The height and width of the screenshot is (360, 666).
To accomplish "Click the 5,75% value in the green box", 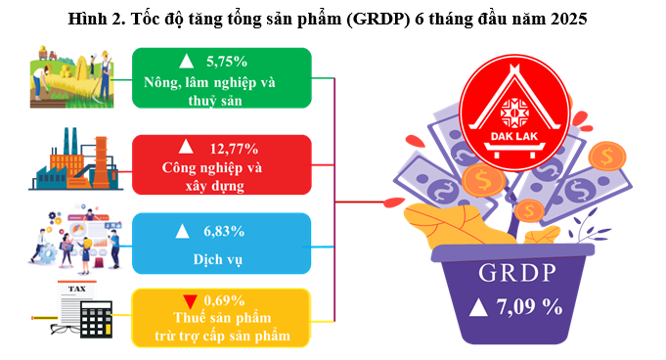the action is coord(226,62).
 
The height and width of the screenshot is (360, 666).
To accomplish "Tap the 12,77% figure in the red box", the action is coord(234,149).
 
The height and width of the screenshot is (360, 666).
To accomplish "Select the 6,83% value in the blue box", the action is coord(224,231).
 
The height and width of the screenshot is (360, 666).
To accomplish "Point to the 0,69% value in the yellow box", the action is coord(224,300).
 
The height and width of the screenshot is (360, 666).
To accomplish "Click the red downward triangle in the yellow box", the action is coord(190,301).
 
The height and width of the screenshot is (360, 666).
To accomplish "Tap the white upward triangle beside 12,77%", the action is coord(186,147).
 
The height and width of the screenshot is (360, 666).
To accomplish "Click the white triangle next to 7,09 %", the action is coord(478,307).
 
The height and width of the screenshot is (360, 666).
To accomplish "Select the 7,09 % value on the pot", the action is coord(530,306).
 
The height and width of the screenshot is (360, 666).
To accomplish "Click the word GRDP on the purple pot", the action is coord(517,273).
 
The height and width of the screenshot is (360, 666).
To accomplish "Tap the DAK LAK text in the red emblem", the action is coord(514,136).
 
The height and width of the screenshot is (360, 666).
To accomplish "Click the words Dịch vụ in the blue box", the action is coord(217,259).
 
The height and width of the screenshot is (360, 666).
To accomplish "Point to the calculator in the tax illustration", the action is coord(96,319).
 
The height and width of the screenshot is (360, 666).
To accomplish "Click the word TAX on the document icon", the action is coord(77,289).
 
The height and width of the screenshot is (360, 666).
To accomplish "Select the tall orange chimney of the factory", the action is coord(101,161).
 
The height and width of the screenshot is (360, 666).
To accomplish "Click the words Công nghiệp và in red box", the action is coord(212,168).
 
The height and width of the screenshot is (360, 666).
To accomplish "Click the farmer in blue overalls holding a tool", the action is coord(105,75).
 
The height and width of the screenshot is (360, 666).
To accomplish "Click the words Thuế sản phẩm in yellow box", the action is coord(222,318).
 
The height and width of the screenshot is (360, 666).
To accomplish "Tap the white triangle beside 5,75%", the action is coord(186,62).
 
